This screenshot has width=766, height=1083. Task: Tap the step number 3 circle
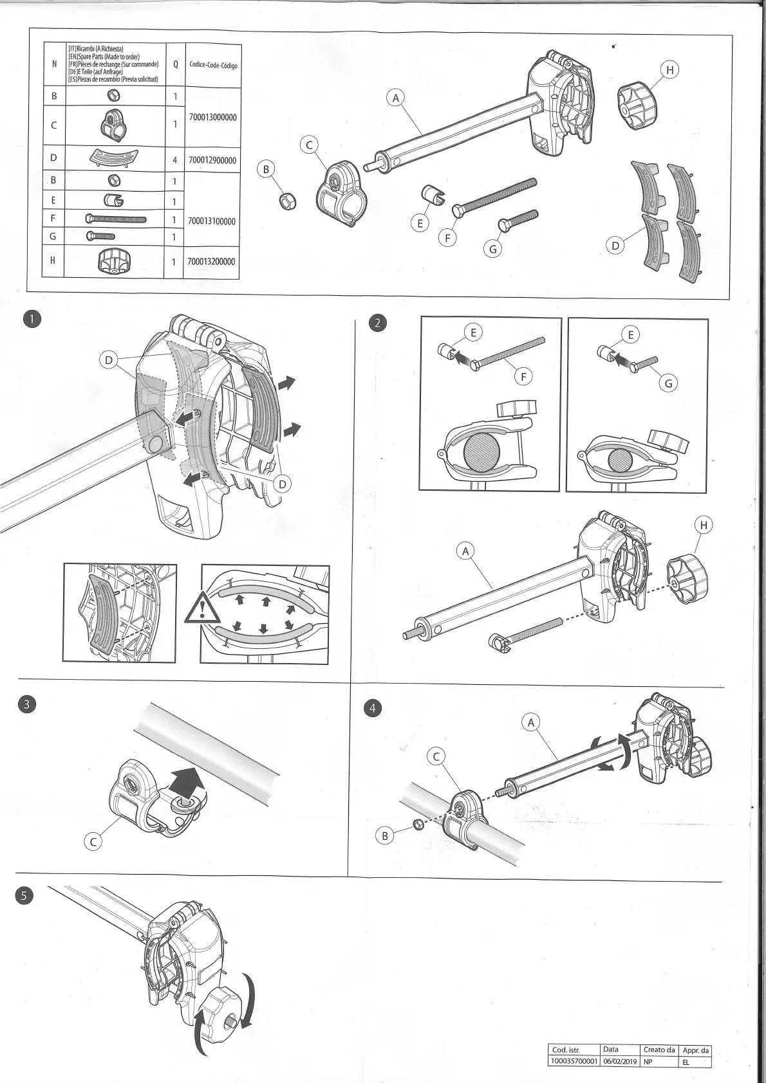point(26,704)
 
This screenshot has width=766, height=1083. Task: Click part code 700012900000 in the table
point(212,160)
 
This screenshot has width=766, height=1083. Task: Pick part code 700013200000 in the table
point(212,262)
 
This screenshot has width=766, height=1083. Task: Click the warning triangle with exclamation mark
point(202,608)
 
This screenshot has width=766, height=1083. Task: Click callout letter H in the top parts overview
point(669,70)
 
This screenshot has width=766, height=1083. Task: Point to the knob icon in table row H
point(115,261)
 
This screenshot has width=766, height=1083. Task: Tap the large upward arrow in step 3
point(186,782)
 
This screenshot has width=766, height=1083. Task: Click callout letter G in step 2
point(668,383)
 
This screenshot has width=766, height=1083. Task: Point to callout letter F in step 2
point(523,376)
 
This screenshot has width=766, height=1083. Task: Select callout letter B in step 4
point(384,835)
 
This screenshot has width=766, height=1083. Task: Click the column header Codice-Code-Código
point(212,65)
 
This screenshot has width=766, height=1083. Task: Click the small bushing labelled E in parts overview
point(430,194)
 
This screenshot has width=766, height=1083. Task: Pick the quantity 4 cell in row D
point(174,159)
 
